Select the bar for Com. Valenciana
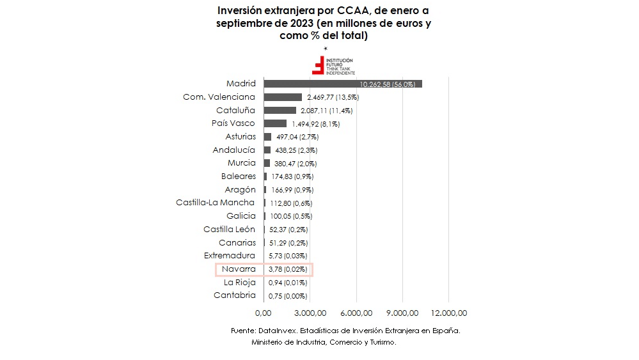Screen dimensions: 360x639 point(282,97)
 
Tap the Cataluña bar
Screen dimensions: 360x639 point(280,111)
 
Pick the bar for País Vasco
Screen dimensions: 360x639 point(275,123)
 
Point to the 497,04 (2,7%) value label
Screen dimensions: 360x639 point(296,137)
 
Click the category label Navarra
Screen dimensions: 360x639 point(239,269)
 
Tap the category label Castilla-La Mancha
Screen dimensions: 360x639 point(216,203)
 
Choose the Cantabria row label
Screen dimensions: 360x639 point(235,295)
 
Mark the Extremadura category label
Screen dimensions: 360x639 point(230,256)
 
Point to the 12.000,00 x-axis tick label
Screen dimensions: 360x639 point(448,313)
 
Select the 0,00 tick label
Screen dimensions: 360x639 point(264,313)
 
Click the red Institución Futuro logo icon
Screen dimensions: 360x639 point(318,65)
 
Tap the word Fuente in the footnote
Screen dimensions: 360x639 point(242,331)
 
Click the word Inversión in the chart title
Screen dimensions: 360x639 point(241,12)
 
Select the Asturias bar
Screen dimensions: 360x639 point(267,137)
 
